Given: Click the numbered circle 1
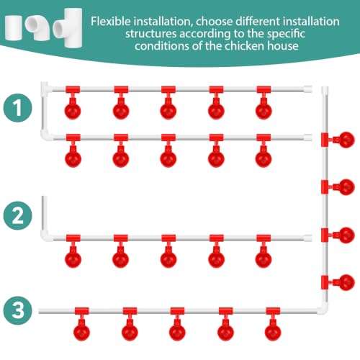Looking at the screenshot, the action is point(17,108).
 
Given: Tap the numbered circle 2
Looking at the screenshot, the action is point(17,215).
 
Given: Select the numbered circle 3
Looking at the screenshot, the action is point(17,310).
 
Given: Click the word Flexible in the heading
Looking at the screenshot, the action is point(111,22).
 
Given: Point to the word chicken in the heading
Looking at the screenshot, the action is point(245,45).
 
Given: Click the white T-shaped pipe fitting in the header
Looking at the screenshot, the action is point(68,27).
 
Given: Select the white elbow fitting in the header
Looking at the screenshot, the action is point(37,28).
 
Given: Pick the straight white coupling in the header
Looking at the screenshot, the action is point(14,27).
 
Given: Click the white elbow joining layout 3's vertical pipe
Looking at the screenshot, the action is point(323,309).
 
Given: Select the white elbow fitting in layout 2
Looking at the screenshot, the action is point(45,235).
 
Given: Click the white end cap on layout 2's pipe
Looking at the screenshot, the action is point(307,238).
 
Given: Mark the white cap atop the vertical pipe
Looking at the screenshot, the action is point(325,91).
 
